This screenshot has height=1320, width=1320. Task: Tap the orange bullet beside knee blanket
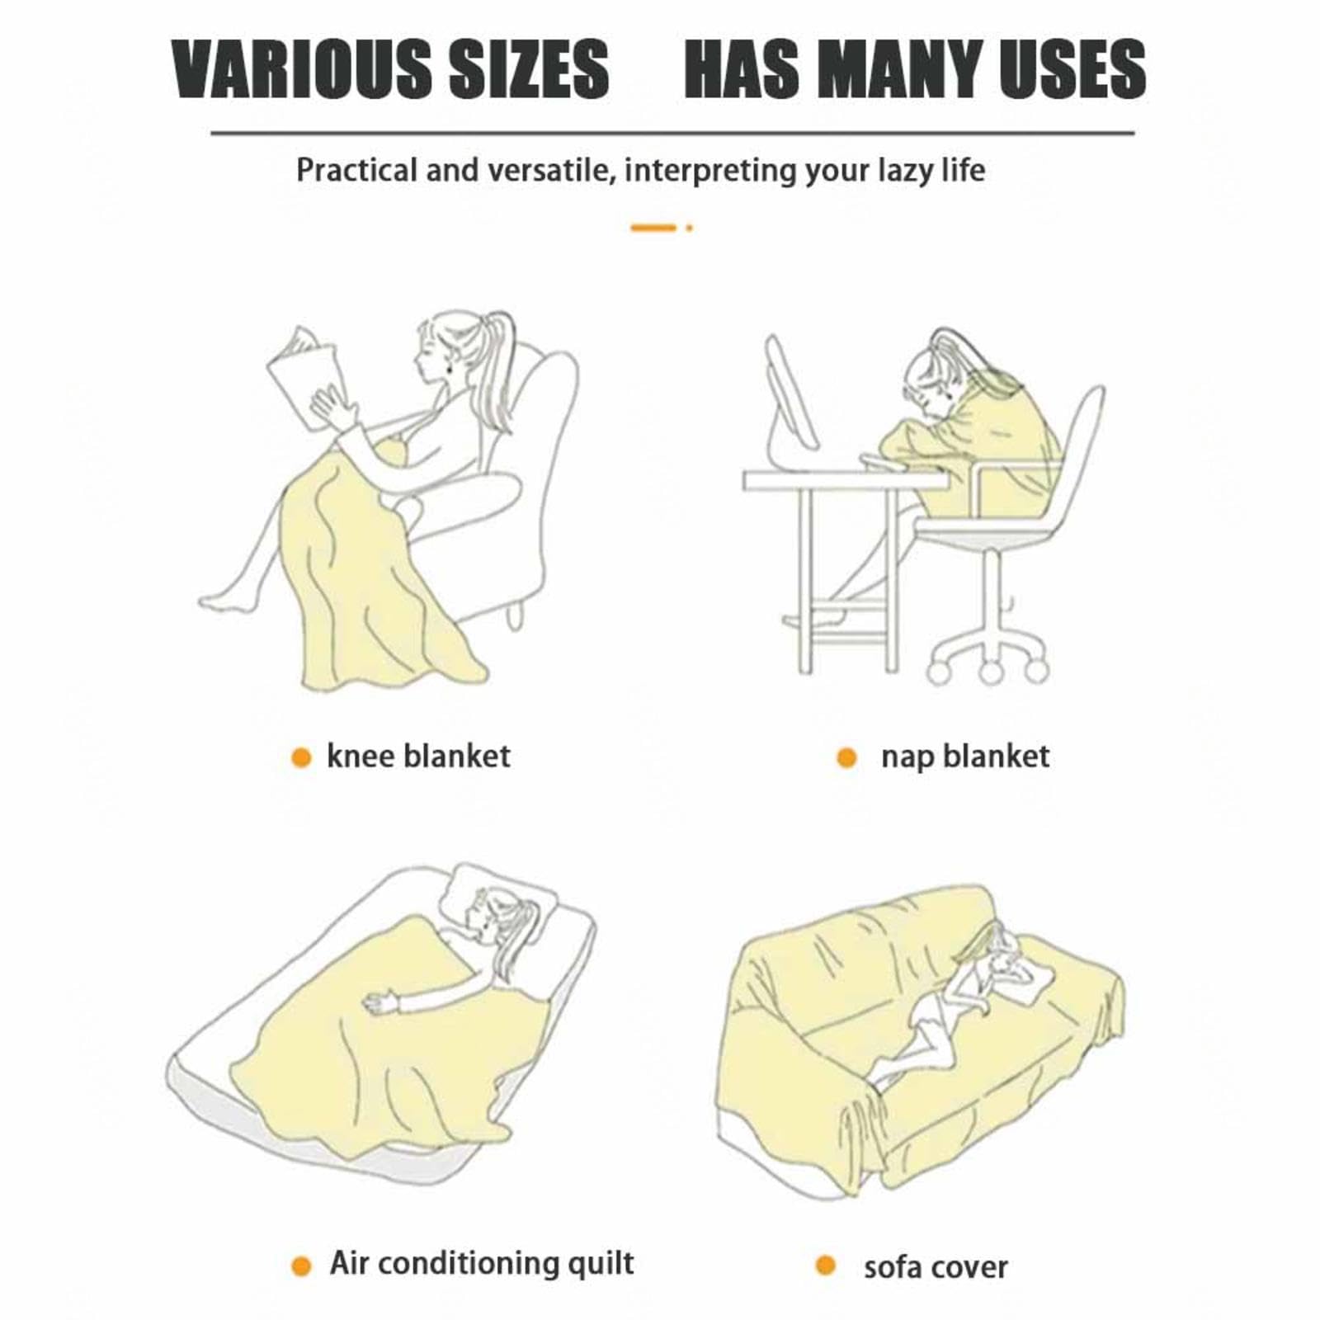coord(301,757)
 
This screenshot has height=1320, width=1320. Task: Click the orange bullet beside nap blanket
coord(846,757)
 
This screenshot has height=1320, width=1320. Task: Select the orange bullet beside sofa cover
coord(825,1265)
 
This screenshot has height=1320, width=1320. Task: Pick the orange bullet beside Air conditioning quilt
coord(301,1266)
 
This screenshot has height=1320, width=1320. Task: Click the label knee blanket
coord(418,756)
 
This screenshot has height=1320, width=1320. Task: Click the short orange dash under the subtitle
coord(653,228)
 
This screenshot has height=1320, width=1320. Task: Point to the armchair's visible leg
coord(516,615)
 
